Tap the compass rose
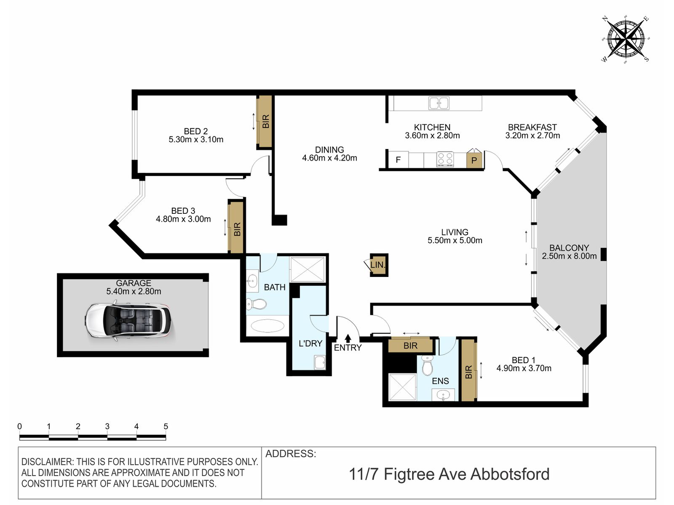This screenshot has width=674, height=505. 625,40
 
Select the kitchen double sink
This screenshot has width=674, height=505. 439,103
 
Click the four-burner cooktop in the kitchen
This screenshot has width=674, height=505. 445,159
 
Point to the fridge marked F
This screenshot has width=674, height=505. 398,160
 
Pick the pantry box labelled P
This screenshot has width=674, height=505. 474,160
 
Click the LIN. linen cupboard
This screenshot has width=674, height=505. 379,265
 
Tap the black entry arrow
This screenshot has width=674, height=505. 348,338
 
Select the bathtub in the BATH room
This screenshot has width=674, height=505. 267,326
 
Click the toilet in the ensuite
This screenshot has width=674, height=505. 427,365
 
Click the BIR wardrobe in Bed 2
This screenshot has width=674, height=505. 265,122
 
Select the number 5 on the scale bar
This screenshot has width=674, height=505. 166,426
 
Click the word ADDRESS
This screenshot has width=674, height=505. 291,454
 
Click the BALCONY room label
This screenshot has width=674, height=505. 569,247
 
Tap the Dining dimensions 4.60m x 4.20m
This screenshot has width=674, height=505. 329,158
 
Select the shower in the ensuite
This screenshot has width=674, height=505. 403,387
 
